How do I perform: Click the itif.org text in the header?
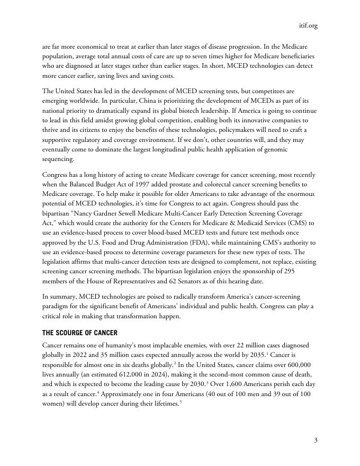click(x=308, y=25)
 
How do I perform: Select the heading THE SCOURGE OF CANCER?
click(x=79, y=333)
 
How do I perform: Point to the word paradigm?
click(x=58, y=317)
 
